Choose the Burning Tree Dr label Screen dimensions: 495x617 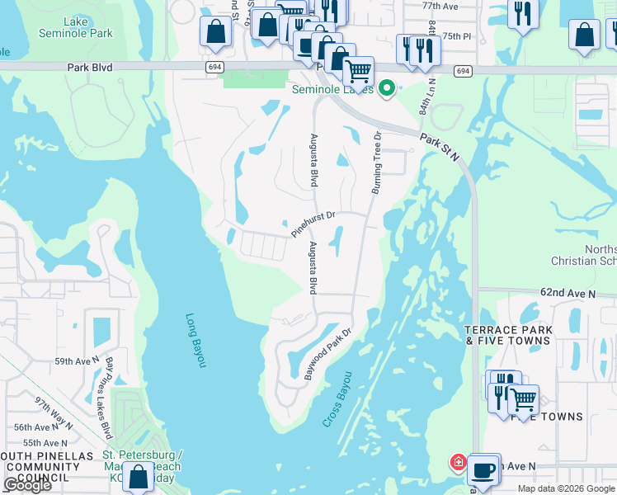click(x=376, y=163)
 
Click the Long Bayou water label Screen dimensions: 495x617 click(x=195, y=340)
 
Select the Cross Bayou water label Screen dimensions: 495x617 click(x=337, y=402)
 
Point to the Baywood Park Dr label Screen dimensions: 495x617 click(x=327, y=354)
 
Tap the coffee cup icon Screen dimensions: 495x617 click(x=483, y=470)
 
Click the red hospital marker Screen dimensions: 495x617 click(x=457, y=463)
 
